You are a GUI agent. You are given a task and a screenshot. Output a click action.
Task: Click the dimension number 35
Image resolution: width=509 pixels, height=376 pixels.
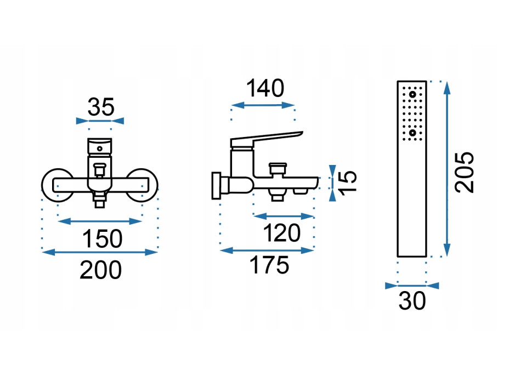pyautogui.click(x=101, y=107)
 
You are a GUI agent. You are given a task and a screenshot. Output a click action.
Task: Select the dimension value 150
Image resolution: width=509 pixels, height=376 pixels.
pyautogui.click(x=102, y=239)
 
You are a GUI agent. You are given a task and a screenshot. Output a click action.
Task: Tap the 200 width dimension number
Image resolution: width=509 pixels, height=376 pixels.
pyautogui.click(x=100, y=270)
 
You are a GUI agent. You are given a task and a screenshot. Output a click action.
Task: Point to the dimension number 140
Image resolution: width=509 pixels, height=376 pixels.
pyautogui.click(x=265, y=88)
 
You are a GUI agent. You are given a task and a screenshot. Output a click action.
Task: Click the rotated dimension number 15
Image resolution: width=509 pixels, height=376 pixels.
pyautogui.click(x=347, y=183)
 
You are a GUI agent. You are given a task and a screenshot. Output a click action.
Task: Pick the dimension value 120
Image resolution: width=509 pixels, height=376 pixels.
pyautogui.click(x=281, y=233)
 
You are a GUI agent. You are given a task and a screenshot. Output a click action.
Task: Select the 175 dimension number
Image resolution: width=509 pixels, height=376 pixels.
pyautogui.click(x=269, y=265)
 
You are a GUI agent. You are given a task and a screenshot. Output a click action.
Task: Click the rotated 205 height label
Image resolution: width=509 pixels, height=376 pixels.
pyautogui.click(x=464, y=172)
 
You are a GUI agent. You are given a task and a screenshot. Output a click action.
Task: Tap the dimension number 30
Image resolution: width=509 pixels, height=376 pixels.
pyautogui.click(x=412, y=301)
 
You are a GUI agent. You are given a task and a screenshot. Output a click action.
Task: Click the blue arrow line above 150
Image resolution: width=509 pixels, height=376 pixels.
pyautogui.click(x=100, y=221)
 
